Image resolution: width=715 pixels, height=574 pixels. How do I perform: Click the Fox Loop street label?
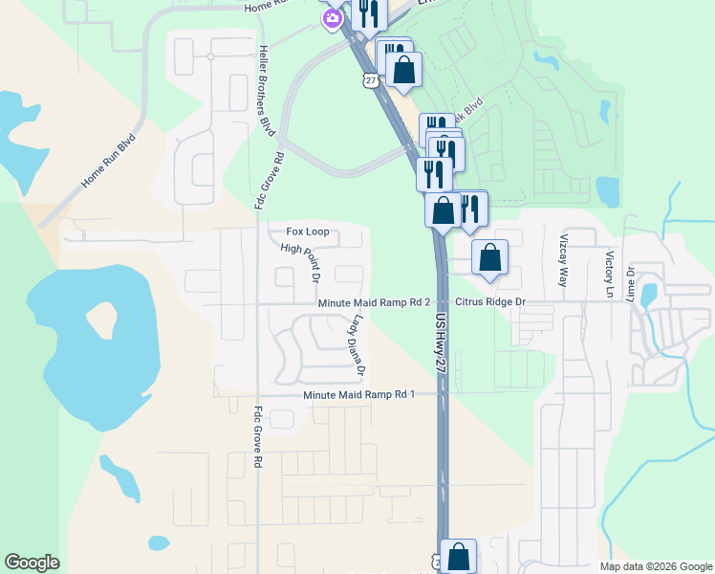(308, 232)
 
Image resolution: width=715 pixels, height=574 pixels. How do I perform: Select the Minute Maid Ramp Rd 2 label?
(375, 303)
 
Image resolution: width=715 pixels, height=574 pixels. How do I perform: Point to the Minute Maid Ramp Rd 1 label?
(358, 394)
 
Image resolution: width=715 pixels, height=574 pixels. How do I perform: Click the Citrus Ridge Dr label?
(491, 302)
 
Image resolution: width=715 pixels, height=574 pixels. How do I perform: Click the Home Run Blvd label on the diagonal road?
(109, 160)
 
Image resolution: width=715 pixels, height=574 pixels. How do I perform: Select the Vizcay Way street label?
(562, 258)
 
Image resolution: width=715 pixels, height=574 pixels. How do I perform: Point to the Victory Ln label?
(609, 273)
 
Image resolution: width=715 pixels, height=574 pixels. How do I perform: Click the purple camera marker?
(333, 17)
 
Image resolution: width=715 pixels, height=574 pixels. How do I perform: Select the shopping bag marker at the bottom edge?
(459, 555)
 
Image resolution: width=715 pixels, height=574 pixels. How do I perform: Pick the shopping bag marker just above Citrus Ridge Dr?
(489, 256)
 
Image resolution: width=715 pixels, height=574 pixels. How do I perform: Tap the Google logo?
(32, 563)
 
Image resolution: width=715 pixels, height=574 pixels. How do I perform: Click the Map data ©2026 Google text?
(656, 566)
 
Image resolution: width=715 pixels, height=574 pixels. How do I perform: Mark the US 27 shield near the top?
(369, 82)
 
